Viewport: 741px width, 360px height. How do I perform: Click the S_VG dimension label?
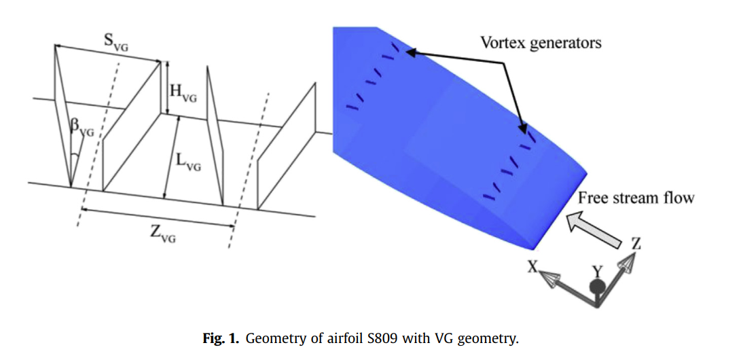point(116,41)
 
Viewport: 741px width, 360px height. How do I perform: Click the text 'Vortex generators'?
point(541,42)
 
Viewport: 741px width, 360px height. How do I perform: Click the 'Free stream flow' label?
point(636,198)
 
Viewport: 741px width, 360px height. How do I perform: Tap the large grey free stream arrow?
point(597,232)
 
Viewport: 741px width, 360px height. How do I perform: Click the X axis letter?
point(533,268)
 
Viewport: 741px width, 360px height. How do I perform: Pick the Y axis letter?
point(597,271)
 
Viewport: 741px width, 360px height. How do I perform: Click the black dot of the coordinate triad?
point(597,287)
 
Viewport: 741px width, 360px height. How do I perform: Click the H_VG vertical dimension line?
point(166,88)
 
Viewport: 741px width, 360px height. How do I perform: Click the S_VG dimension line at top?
point(109,54)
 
